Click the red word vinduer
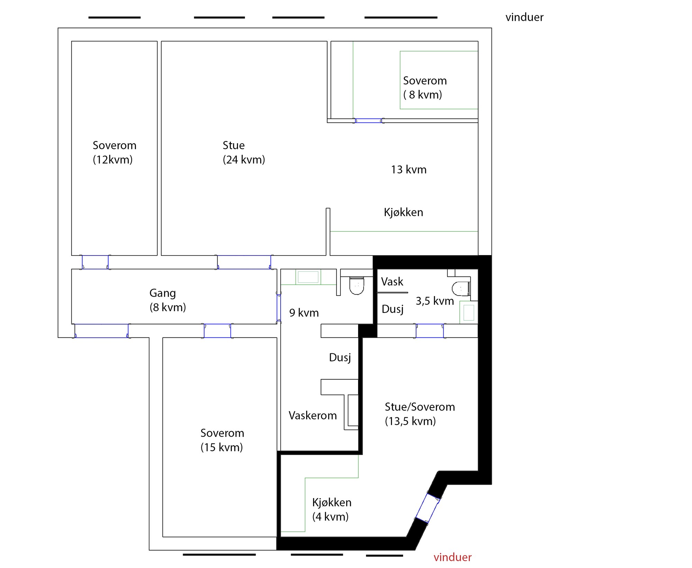[452, 557]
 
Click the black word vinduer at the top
[524, 17]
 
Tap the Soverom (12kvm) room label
[115, 152]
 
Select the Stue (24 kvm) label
[244, 152]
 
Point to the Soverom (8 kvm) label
[425, 87]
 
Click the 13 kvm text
[409, 169]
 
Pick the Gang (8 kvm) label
[167, 300]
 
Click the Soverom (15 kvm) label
[222, 440]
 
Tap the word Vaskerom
[313, 415]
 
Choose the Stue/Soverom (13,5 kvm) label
[420, 414]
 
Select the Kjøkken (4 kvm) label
[332, 509]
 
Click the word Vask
[392, 281]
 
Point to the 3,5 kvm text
[435, 301]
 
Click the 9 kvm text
[304, 313]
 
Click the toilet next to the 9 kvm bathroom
[357, 286]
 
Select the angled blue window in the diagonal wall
[427, 508]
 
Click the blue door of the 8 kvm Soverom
[368, 121]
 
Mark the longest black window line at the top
[401, 17]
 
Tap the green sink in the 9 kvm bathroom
[308, 277]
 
